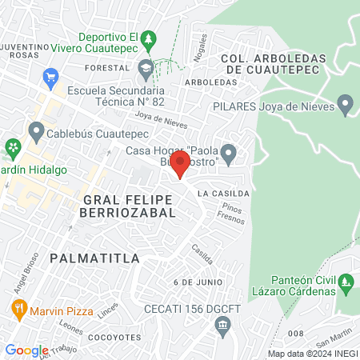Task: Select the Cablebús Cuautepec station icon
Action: click(36, 130)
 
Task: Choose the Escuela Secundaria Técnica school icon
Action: click(145, 68)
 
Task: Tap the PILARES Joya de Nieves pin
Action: click(346, 105)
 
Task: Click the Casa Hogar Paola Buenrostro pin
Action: click(228, 151)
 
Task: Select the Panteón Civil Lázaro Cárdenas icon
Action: click(346, 282)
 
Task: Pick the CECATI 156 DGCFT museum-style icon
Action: click(222, 323)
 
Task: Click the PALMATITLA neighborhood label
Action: click(94, 258)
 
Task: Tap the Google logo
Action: click(26, 350)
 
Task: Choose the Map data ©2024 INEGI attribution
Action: click(312, 354)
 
